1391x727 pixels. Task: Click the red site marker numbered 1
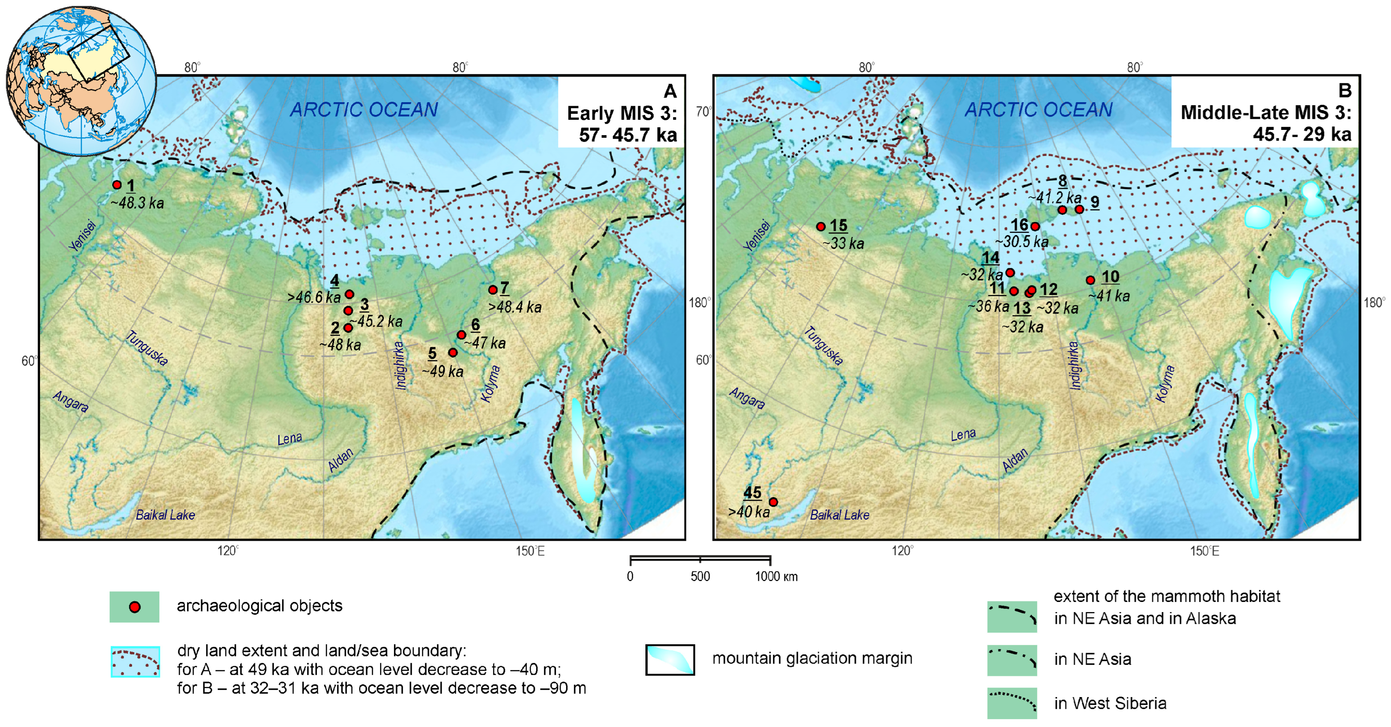coord(117,185)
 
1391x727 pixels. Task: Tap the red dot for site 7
coord(493,290)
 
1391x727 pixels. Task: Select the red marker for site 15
coord(821,227)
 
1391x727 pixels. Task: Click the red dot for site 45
coord(773,502)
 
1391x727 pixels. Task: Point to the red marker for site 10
coord(1090,280)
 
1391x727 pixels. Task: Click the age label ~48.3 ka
coord(137,203)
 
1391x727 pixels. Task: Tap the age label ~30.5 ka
coord(1022,242)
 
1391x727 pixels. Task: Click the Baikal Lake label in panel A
coord(165,515)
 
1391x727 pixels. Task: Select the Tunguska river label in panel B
coord(823,346)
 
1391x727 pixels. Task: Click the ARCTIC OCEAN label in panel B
coord(1038,110)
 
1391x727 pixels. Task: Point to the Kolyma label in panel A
coord(491,384)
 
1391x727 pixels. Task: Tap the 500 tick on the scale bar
coord(700,576)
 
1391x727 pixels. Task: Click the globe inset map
coord(81,81)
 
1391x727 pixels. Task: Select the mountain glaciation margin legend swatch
coord(670,660)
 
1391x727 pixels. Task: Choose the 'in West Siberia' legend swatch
coord(1012,703)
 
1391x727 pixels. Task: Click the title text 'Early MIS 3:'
coord(622,114)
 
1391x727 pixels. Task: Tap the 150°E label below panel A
coord(530,551)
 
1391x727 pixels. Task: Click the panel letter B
coord(1345,91)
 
